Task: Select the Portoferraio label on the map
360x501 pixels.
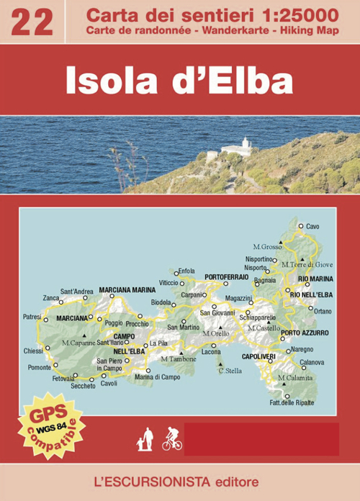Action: [x=226, y=276]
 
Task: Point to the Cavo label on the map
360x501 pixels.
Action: [x=312, y=226]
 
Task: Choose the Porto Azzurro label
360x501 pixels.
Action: [x=305, y=333]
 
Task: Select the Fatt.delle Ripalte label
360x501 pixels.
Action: [x=292, y=402]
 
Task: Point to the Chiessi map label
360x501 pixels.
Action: [x=33, y=351]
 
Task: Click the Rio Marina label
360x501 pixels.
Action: [x=315, y=279]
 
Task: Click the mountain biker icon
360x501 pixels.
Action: [x=171, y=438]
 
